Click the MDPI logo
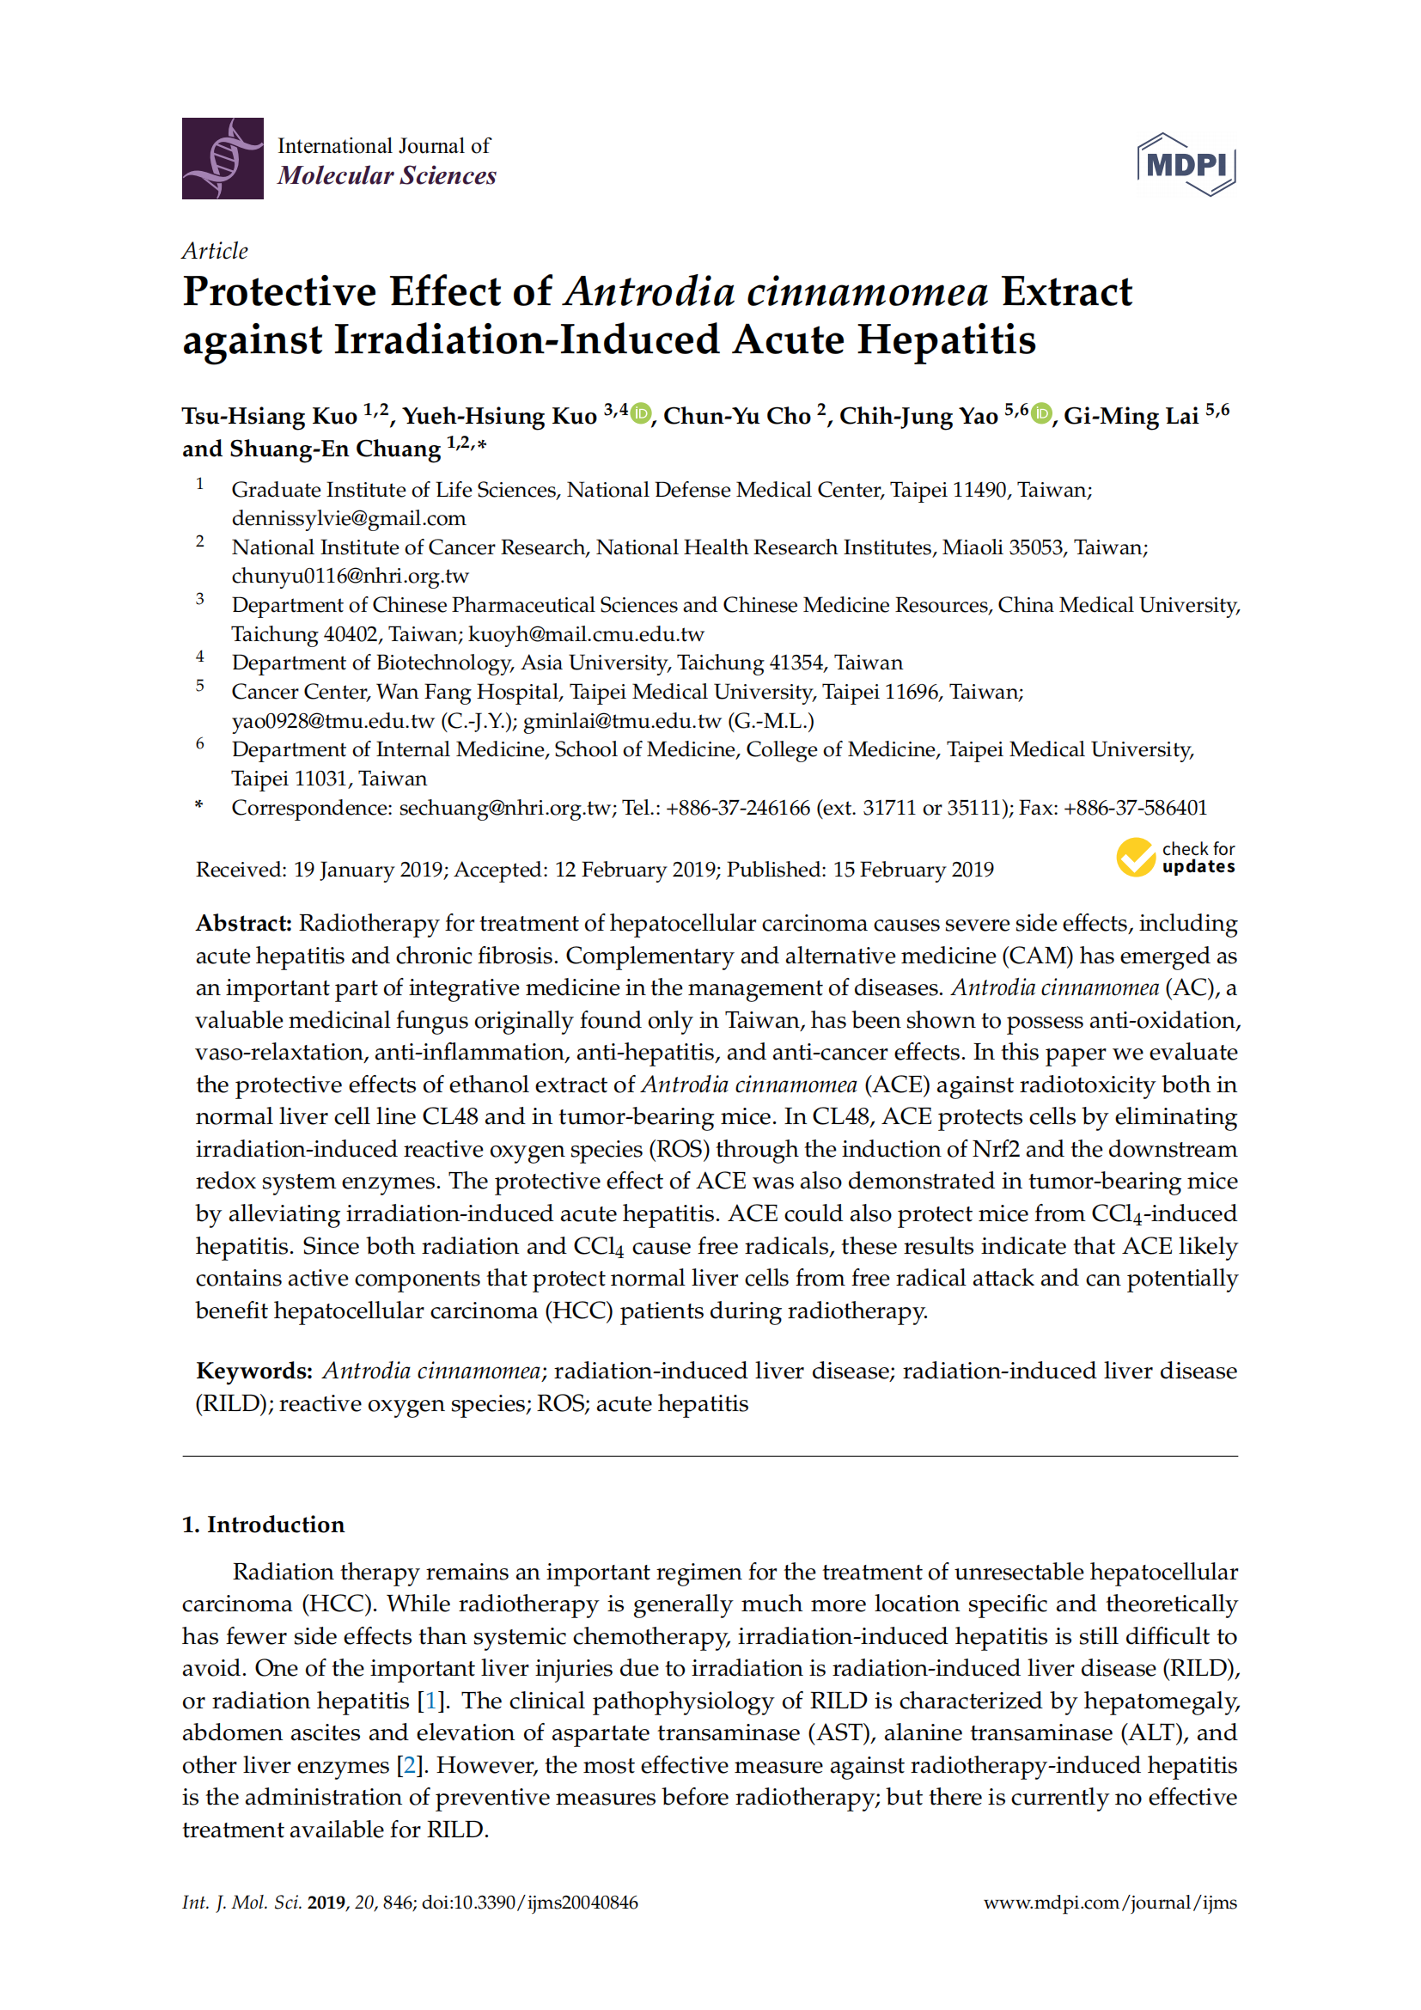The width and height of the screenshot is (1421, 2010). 1186,165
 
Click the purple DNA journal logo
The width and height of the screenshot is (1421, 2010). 223,158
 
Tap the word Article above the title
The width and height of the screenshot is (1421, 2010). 215,251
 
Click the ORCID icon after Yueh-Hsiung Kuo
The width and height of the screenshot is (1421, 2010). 642,413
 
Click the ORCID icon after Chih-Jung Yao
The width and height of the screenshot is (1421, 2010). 1040,413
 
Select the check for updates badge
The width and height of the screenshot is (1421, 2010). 1175,857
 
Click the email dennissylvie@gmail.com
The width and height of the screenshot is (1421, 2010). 348,518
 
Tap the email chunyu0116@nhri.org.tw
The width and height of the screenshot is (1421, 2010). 350,576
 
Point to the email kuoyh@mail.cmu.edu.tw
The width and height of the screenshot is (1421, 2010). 585,634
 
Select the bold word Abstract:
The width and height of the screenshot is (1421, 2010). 243,924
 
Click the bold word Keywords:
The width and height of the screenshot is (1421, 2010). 253,1371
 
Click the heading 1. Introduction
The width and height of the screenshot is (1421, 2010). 264,1524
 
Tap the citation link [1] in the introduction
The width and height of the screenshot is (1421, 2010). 430,1700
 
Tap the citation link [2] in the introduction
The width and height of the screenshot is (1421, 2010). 409,1765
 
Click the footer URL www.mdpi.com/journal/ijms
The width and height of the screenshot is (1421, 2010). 1109,1903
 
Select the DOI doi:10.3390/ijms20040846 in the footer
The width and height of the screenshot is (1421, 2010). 529,1903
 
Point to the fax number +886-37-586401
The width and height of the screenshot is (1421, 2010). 1135,807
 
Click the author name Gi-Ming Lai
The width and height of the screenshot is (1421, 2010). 1131,417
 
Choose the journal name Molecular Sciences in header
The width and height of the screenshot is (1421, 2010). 387,176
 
